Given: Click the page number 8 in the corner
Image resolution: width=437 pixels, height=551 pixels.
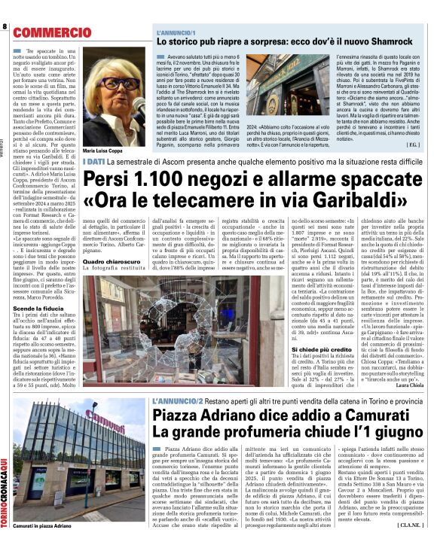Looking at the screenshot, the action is [5, 28].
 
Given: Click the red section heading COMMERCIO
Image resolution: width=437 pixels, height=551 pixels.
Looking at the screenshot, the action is [51, 33].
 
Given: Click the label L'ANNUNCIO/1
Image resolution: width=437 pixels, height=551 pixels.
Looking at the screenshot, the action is [176, 32].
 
